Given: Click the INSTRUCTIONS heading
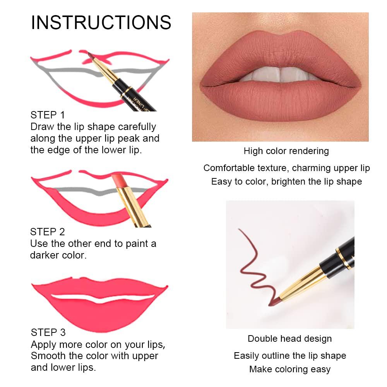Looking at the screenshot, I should tap(101, 22).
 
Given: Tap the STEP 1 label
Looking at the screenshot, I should tap(48, 115).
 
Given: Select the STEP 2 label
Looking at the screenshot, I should tap(48, 232).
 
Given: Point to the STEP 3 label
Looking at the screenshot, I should tap(48, 332).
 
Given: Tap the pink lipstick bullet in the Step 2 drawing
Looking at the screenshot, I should tap(118, 182).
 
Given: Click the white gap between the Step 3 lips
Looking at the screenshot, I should tap(103, 298).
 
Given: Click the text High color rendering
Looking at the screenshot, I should tap(286, 151).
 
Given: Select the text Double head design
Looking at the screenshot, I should tap(289, 339).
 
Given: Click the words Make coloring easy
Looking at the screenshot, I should tap(289, 369).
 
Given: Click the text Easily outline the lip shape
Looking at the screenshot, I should tap(289, 356).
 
